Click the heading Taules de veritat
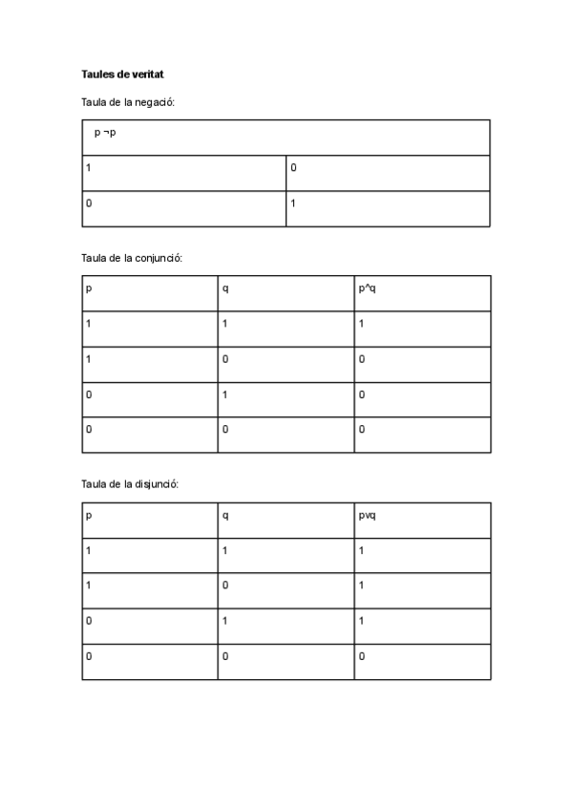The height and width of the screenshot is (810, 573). click(x=124, y=74)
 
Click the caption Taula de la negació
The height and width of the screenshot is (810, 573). click(x=128, y=101)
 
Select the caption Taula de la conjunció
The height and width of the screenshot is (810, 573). click(x=132, y=258)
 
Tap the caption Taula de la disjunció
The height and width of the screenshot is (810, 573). click(x=130, y=484)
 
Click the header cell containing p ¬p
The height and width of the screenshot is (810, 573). click(x=105, y=132)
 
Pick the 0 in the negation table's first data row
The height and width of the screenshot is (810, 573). click(x=294, y=168)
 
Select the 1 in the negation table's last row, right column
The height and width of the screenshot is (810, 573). click(x=294, y=203)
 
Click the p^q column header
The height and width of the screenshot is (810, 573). click(x=367, y=288)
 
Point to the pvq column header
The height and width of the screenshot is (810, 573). click(x=368, y=516)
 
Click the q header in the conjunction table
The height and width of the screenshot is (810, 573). click(x=225, y=288)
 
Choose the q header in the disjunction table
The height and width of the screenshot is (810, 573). click(x=225, y=516)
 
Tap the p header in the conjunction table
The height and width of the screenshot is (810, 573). click(x=89, y=288)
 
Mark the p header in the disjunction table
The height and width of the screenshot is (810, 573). click(x=89, y=516)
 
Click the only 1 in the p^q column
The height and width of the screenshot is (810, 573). click(x=362, y=324)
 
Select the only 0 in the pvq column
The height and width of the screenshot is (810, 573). click(x=362, y=656)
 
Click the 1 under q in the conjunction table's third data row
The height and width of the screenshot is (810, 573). click(x=225, y=394)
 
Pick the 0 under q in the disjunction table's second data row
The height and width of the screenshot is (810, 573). click(x=225, y=586)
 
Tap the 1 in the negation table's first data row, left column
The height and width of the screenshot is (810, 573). click(x=89, y=168)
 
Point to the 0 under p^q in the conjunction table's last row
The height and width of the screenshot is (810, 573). click(x=362, y=430)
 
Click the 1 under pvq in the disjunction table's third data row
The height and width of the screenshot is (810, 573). click(x=362, y=621)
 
